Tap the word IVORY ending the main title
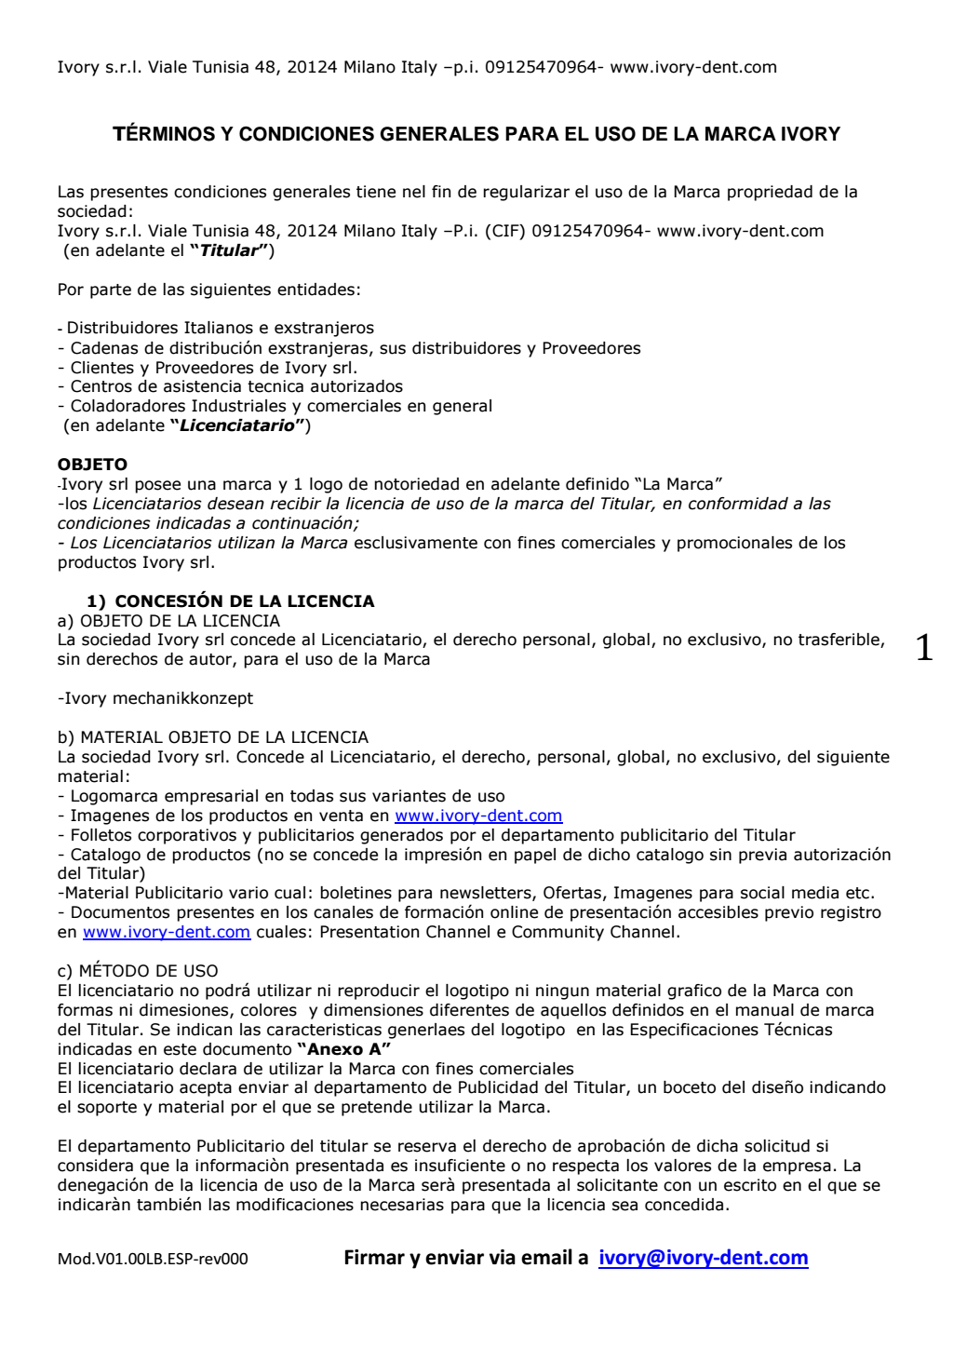[810, 134]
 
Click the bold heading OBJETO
[92, 465]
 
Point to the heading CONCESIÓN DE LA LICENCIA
[244, 601]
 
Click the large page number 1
[923, 648]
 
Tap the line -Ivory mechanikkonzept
[155, 698]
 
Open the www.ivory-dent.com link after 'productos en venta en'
[478, 816]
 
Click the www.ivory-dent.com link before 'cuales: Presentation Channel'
[167, 932]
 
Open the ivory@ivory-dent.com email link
[703, 1258]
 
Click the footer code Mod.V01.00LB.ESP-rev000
[153, 1260]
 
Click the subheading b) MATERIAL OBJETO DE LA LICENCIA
[213, 737]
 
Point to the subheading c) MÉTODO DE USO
[138, 971]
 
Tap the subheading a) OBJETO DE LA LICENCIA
[168, 621]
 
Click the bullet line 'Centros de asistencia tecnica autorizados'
[236, 386]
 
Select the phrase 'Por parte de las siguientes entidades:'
[208, 290]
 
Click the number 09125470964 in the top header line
[540, 67]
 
